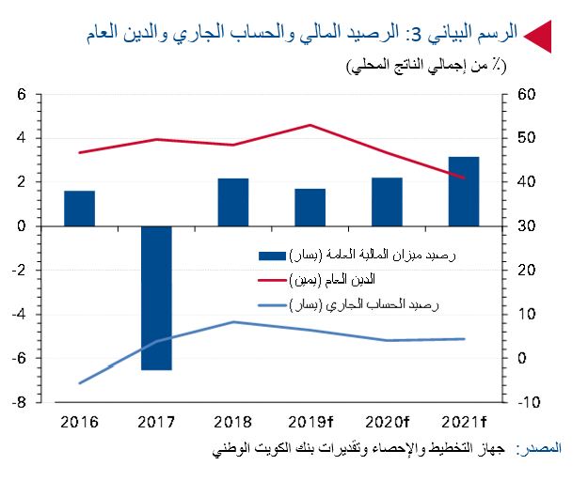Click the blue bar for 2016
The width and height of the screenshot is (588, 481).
pos(79,208)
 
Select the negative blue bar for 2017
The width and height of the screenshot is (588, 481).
pos(156,298)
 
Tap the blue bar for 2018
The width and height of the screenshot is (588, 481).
pos(233,202)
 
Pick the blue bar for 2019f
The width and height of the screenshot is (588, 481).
pos(310,207)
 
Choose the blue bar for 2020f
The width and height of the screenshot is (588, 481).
pos(387,201)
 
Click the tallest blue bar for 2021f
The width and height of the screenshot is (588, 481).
pos(464,191)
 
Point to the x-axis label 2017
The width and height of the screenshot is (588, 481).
pos(156,420)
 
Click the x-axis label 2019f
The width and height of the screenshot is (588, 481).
pos(311,420)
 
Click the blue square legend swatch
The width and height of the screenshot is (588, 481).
pos(272,256)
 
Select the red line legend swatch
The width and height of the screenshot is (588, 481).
pos(272,280)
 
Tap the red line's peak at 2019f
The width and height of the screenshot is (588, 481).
pos(310,125)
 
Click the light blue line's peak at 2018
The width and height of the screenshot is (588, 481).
pos(233,321)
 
